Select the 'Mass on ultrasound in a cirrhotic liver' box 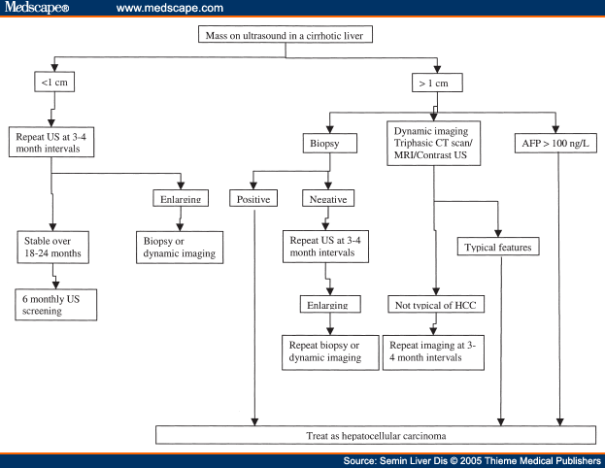[x=297, y=36]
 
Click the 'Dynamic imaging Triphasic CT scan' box [x=434, y=145]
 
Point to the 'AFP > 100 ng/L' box [x=555, y=145]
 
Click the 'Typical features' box [x=498, y=247]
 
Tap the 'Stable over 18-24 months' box [x=54, y=247]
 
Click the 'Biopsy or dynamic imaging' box [x=179, y=247]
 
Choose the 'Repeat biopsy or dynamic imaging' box [x=327, y=351]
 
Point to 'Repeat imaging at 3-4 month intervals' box [x=434, y=351]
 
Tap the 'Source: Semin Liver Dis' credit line [x=472, y=460]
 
